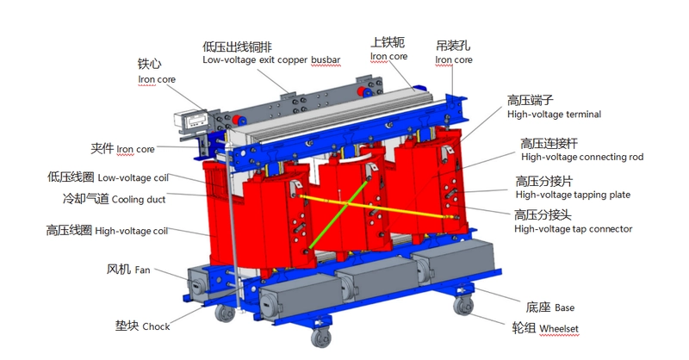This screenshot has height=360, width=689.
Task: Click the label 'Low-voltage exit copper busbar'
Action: (x=271, y=59)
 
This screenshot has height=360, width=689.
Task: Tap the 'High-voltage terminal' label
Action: (x=554, y=115)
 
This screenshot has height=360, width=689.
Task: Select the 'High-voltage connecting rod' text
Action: (x=582, y=157)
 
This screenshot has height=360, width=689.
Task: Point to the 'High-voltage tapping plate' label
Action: (x=573, y=195)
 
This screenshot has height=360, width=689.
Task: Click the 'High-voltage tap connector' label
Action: (x=573, y=229)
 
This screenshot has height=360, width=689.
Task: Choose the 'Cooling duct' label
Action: (x=139, y=200)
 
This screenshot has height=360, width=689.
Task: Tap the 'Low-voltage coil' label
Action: (x=133, y=177)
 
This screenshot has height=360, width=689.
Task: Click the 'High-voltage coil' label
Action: (x=132, y=231)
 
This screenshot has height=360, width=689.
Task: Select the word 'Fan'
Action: (x=142, y=270)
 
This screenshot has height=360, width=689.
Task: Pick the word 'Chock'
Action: (x=156, y=326)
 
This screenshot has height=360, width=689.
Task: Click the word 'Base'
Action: (x=564, y=307)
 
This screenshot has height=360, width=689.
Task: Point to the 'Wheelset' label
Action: (x=558, y=329)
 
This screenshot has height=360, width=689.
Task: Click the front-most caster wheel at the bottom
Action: (x=321, y=338)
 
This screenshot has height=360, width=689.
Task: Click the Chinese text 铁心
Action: (x=149, y=65)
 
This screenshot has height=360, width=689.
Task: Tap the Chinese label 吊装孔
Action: (x=453, y=46)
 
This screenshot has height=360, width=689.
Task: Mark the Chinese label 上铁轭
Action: (x=387, y=42)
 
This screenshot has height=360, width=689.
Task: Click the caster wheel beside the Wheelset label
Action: (x=463, y=305)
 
